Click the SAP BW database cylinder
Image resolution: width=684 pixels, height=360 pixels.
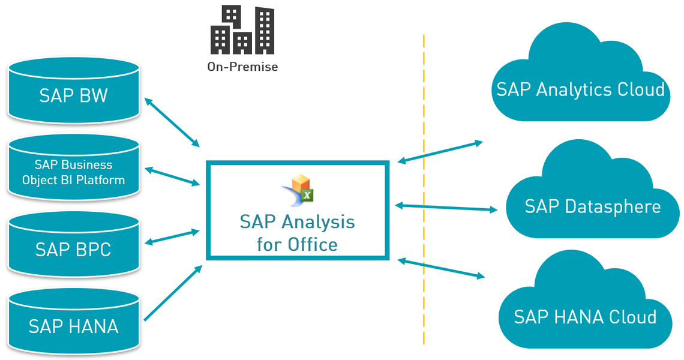click(74, 93)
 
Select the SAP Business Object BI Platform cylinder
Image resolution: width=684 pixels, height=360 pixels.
click(74, 170)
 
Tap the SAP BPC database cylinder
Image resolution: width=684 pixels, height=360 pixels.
click(74, 248)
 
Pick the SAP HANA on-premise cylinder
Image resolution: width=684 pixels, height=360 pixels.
click(74, 325)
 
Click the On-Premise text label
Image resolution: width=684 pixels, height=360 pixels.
click(242, 67)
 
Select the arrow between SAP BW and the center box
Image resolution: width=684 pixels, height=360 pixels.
click(172, 123)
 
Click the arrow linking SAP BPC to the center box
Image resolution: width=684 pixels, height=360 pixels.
click(172, 236)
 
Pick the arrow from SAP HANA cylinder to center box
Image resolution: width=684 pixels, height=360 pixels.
click(173, 293)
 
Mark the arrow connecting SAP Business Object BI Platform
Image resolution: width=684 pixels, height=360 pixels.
click(172, 176)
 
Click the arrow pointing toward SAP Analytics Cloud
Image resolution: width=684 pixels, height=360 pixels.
click(440, 152)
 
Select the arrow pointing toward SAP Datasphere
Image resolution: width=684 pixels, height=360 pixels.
click(446, 208)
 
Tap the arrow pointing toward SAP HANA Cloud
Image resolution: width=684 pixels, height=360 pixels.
click(441, 268)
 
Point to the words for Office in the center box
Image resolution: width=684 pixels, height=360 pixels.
click(297, 244)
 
